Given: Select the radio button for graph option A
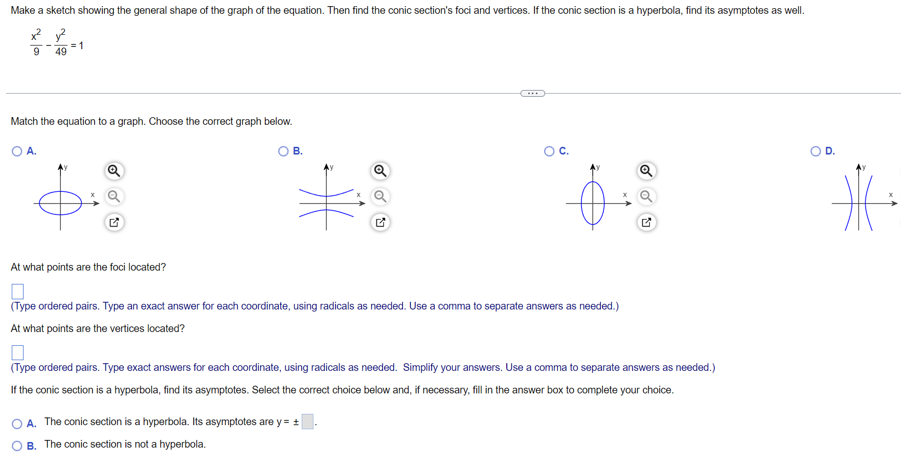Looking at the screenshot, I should (17, 151).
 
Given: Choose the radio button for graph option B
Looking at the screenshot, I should (283, 151).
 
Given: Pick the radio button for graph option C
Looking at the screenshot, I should (549, 151).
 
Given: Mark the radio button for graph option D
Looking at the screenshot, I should (816, 151).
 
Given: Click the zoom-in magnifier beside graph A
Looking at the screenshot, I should (114, 171).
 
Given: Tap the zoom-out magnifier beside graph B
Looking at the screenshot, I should (380, 196).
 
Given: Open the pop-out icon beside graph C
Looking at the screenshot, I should (646, 222).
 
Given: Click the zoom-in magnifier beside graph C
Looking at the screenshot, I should (646, 171).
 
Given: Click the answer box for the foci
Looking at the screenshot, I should (17, 292).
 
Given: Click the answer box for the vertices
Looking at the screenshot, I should (17, 352).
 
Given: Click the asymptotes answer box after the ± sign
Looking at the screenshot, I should (307, 422).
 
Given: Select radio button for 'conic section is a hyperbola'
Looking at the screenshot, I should (17, 424).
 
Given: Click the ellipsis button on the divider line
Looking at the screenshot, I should (532, 93).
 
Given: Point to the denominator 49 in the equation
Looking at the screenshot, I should (61, 52).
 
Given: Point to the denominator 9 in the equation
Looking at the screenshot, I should (36, 52).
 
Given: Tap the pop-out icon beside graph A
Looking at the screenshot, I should (114, 222).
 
